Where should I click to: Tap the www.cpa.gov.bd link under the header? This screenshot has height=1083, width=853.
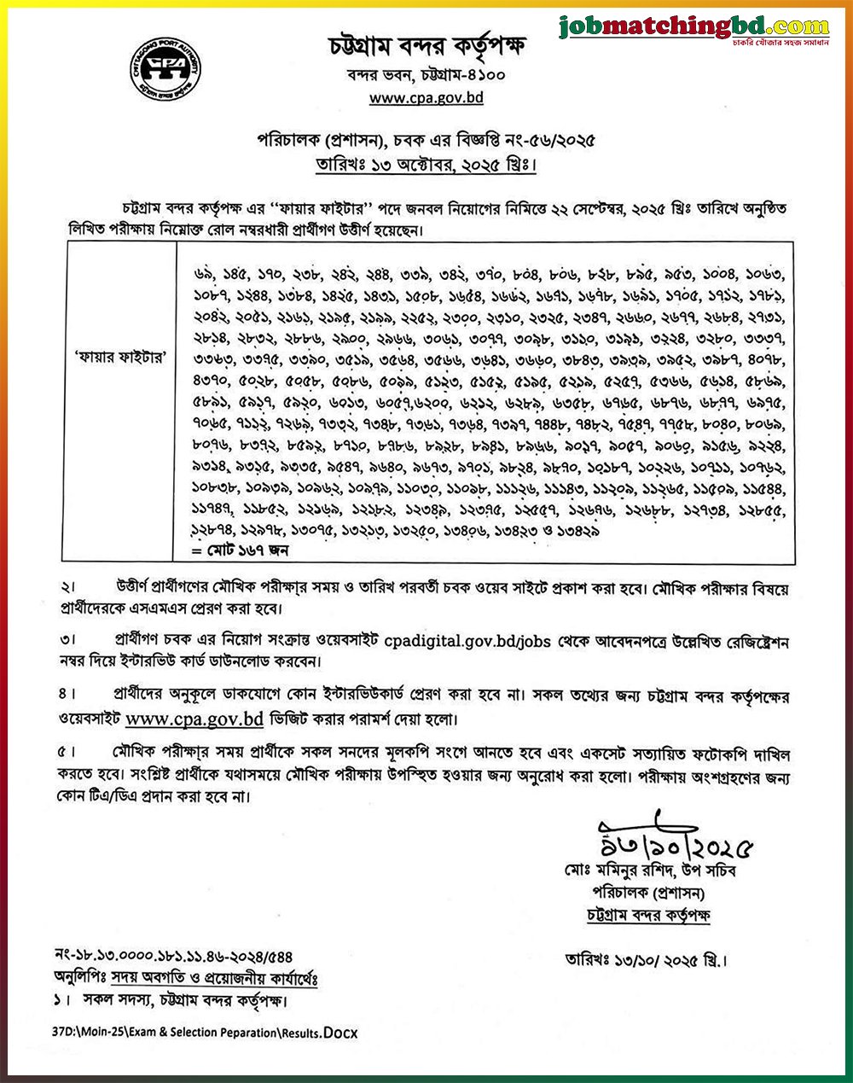[x=426, y=97]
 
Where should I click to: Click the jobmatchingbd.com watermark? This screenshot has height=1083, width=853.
[x=695, y=28]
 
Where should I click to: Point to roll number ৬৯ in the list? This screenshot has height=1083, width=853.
[x=205, y=275]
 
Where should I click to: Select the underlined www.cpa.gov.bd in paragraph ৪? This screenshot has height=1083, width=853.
[x=194, y=719]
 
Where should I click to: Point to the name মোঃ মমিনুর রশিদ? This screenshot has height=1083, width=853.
[x=611, y=870]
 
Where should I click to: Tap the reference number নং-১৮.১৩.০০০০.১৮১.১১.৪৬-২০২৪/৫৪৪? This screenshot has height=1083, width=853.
[x=171, y=958]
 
